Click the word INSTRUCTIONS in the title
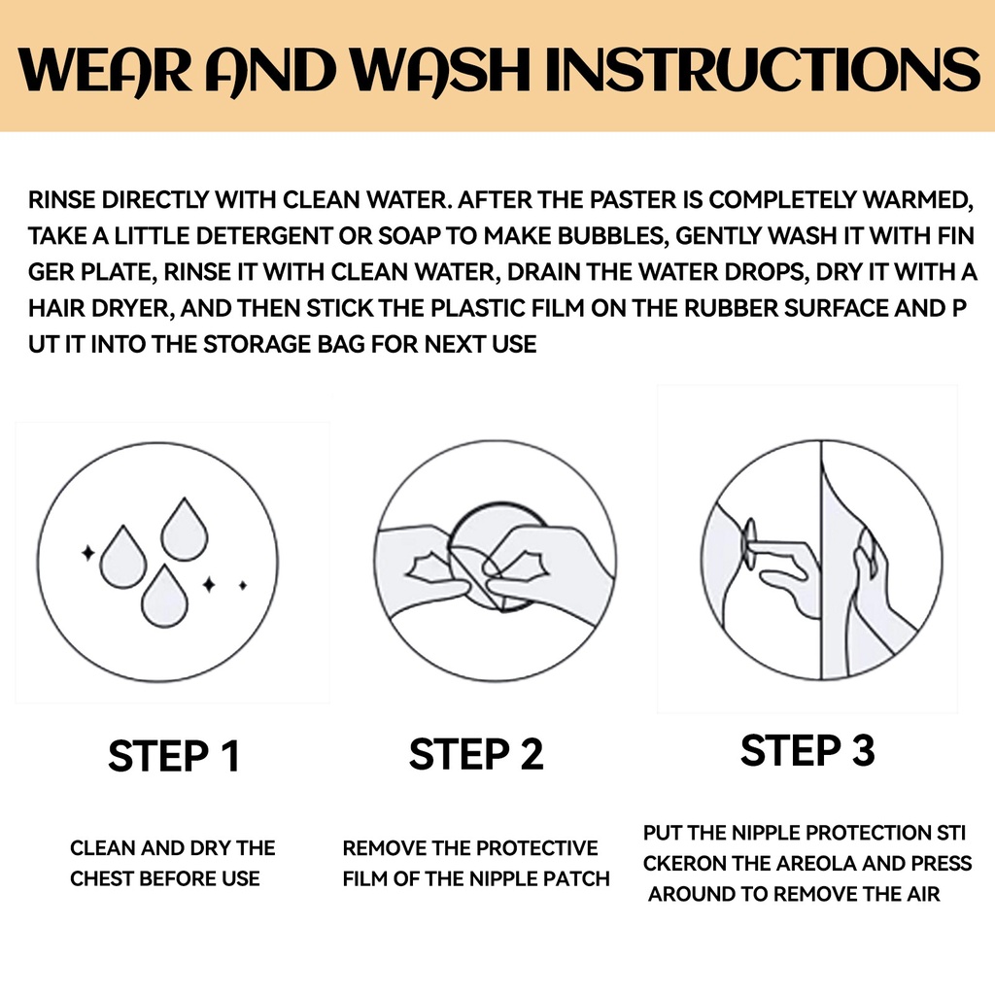762,69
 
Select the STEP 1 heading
174,756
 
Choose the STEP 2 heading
476,754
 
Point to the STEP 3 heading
807,750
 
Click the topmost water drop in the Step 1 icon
185,531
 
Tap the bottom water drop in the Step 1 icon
164,598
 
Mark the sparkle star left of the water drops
88,553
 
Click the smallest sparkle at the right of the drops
242,585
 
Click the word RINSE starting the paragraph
61,200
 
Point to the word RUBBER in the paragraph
731,308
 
